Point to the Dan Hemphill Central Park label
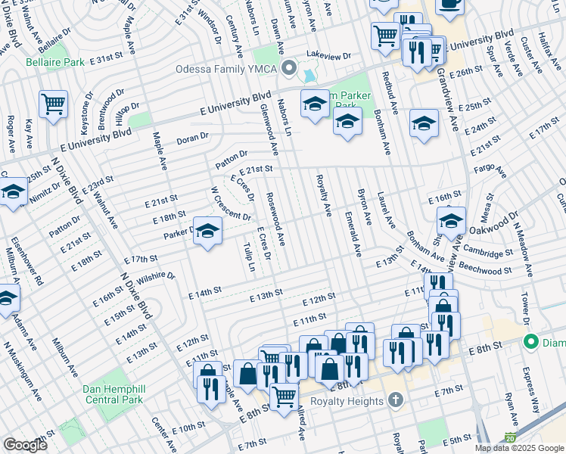[x=113, y=394]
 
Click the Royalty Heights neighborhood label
[x=341, y=401]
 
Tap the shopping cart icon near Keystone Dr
[x=53, y=104]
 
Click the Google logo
[x=26, y=444]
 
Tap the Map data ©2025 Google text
[x=519, y=448]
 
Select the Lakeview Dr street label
[x=328, y=56]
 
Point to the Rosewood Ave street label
[x=275, y=219]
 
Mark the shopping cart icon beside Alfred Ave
[x=284, y=395]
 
